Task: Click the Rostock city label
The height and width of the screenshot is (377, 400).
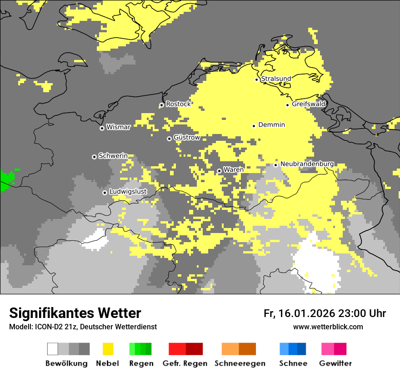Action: coord(178,104)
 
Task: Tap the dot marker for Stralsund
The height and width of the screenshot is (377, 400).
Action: coord(256,79)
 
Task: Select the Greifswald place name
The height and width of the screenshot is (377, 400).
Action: coord(308,104)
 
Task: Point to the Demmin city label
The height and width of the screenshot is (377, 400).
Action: coord(271,125)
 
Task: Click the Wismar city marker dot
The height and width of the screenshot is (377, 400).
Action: coord(102,128)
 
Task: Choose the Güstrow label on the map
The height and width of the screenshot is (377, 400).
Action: coord(186,138)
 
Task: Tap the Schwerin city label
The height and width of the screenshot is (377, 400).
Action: coord(113,156)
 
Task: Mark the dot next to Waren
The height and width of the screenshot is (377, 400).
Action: coord(219,171)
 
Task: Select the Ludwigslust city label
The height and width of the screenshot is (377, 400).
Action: coord(128,192)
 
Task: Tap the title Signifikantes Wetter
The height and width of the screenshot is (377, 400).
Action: coord(75,313)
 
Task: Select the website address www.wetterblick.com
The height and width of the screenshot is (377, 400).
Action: coord(328,327)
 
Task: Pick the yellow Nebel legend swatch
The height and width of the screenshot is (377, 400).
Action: coord(108,349)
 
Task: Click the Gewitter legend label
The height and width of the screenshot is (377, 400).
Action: coord(335,363)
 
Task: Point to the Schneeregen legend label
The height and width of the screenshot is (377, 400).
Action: coord(240,363)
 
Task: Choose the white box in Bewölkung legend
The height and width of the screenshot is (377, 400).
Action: coord(52,349)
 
